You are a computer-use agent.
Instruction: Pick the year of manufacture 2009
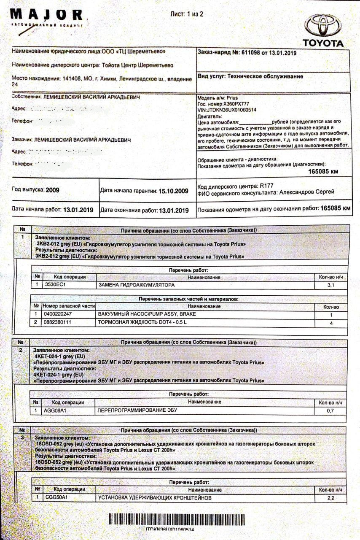tap(52, 190)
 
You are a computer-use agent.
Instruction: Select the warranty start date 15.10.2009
tap(173, 191)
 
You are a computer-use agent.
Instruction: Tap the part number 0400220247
tap(58, 314)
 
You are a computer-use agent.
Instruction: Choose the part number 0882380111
tap(58, 322)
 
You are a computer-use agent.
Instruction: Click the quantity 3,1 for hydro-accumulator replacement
tap(330, 286)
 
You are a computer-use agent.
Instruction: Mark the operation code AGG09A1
tap(56, 410)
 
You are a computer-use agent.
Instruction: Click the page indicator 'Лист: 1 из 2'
tap(186, 14)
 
